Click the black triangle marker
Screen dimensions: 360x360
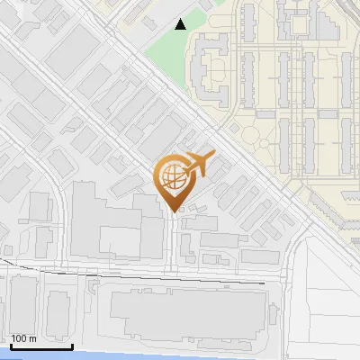[x=181, y=24]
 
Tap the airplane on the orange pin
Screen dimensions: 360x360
[x=197, y=166]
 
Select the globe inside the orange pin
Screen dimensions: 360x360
[x=172, y=175]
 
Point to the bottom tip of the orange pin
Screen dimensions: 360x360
[x=174, y=211]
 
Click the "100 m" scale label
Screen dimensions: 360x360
[x=23, y=338]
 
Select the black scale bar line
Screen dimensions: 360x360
[x=41, y=346]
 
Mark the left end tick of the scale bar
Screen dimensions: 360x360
[x=10, y=345]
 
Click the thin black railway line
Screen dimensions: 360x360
[x=135, y=274]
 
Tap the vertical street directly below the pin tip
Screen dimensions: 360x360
[x=174, y=243]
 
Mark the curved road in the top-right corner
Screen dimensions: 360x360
[x=346, y=18]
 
